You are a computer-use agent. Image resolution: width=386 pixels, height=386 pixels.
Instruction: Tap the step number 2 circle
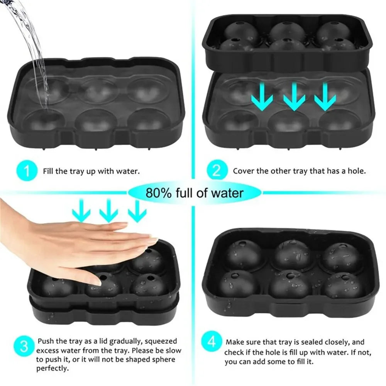click(x=215, y=171)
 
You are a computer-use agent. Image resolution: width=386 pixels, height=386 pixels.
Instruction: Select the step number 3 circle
click(x=24, y=346)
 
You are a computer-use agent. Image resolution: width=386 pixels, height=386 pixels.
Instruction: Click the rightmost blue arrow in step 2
click(x=325, y=96)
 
